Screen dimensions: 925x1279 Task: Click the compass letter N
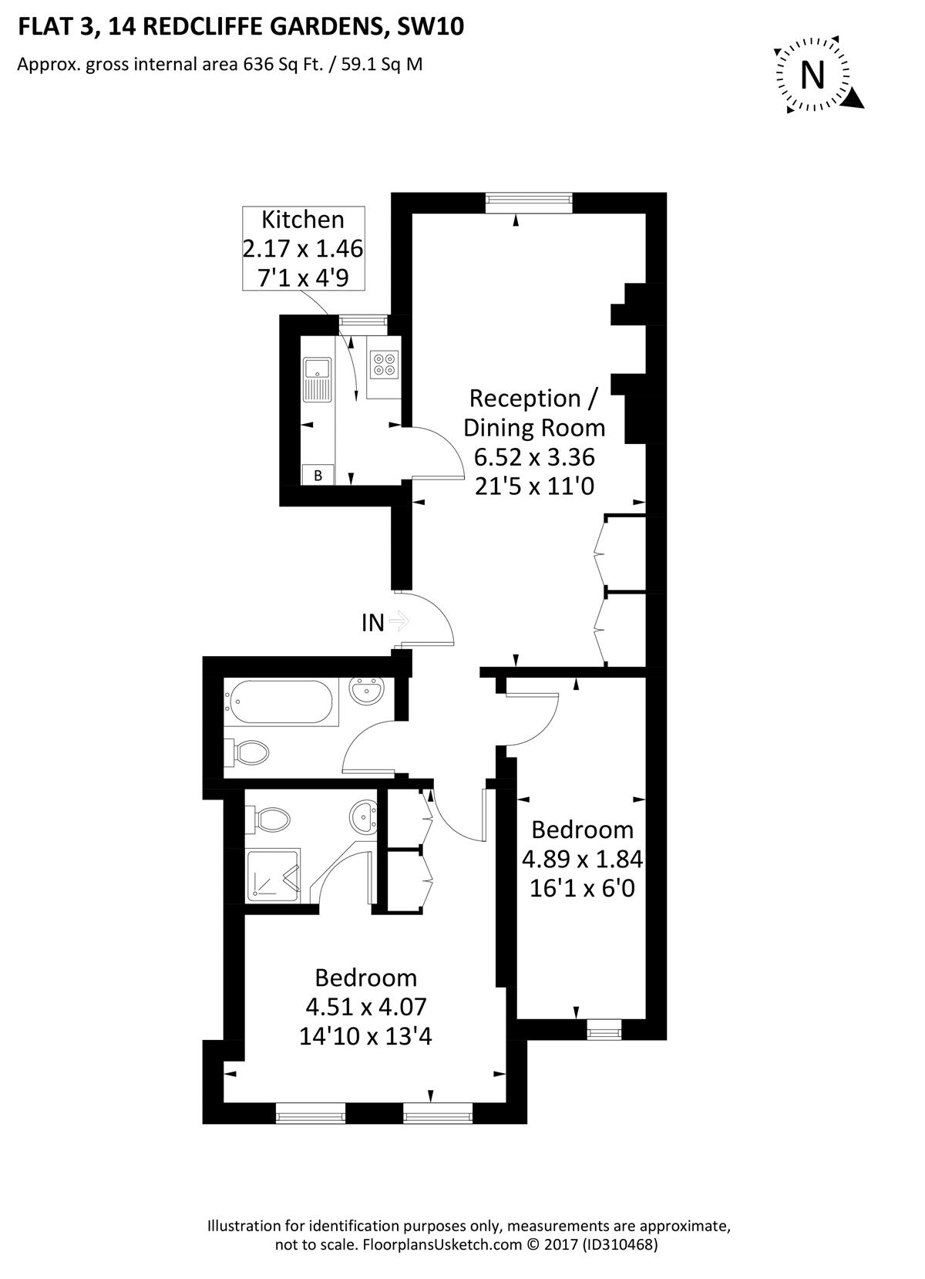812,75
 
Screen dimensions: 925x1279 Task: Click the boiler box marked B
318,475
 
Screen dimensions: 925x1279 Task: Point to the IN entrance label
373,623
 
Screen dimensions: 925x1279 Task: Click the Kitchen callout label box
303,249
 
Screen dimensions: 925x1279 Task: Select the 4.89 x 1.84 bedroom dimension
583,859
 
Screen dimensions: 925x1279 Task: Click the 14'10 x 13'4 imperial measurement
365,1035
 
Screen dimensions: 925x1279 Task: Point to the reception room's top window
529,203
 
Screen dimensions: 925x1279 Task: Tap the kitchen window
362,325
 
